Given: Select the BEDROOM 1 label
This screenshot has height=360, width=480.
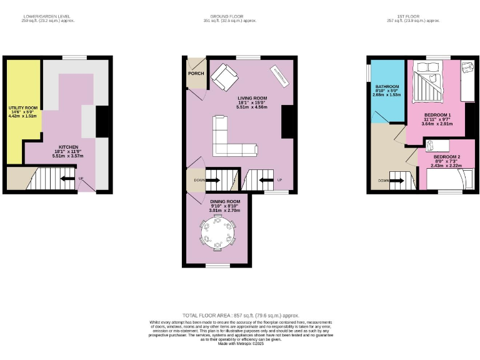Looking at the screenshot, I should point(437,115).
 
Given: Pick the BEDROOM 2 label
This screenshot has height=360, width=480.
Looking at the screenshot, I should point(447,156).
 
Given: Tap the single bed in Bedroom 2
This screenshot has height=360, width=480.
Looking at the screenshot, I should point(445,179).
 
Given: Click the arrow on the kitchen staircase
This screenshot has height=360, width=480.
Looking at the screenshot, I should point(65,179).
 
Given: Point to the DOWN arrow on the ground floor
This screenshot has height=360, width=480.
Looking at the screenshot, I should point(212,181).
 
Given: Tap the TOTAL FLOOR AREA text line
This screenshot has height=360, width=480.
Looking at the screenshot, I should point(240,315).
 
